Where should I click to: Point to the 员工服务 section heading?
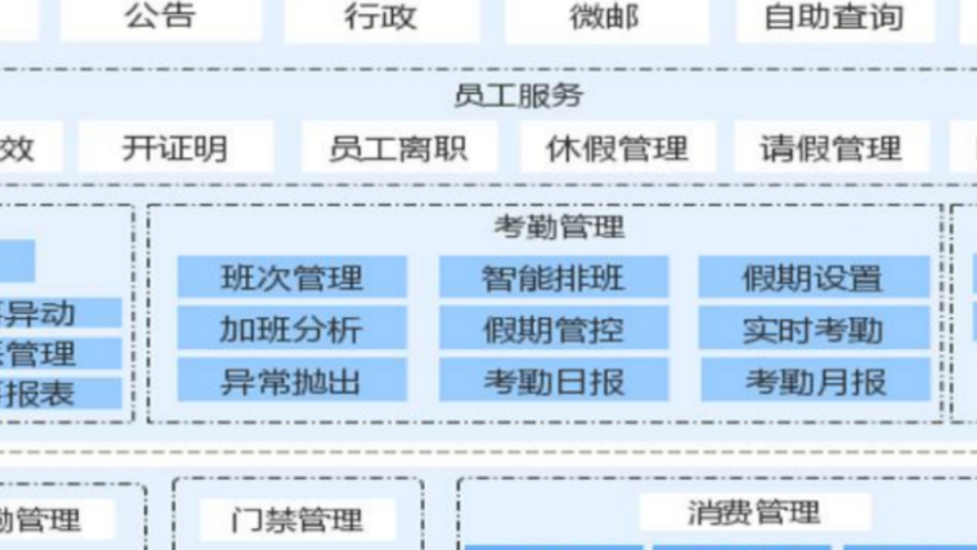pos(519,95)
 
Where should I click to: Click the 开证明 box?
pos(175,148)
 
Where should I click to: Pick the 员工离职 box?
pos(399,148)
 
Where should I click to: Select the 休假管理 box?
pos(618,148)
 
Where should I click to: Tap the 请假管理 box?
pos(831,148)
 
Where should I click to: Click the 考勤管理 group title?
pos(559,227)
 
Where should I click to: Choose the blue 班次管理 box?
pos(291,278)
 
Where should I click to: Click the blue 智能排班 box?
pos(554,278)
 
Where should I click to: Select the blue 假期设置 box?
pos(813,278)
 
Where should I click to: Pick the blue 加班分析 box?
pos(291,329)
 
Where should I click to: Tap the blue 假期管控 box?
pos(554,329)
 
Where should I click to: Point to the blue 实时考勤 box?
pos(813,329)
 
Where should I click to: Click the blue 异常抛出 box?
pos(291,381)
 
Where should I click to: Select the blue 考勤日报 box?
pos(554,381)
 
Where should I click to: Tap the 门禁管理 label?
pos(297,519)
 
